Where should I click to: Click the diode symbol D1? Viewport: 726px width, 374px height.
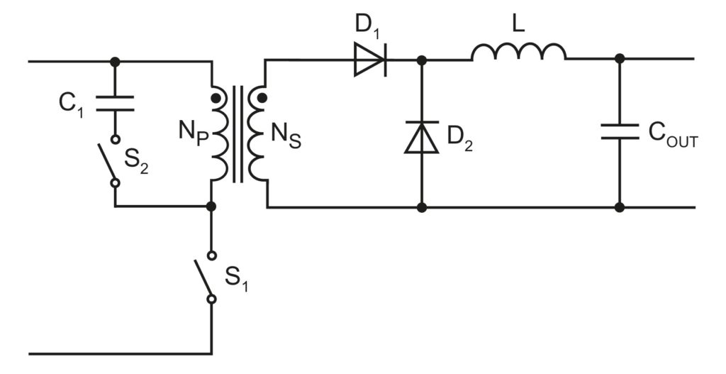370,62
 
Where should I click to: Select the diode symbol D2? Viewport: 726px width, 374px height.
422,138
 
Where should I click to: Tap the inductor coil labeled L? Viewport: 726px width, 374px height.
518,52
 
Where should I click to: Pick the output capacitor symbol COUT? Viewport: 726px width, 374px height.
620,132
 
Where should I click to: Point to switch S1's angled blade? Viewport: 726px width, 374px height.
204,277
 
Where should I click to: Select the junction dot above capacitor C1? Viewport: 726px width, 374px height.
115,62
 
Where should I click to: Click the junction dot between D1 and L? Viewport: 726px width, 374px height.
422,60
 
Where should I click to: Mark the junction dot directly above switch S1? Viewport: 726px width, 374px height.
211,207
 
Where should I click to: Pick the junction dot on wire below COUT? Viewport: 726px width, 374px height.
620,207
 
